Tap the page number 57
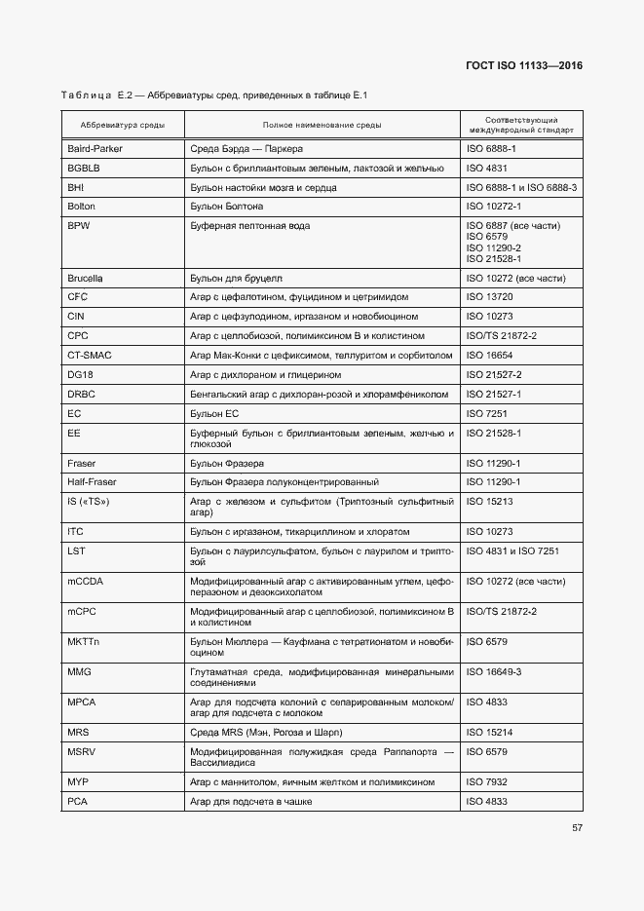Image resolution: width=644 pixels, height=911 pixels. click(x=578, y=828)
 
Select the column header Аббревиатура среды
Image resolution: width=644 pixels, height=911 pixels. click(x=123, y=125)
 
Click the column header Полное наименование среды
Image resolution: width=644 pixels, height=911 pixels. click(x=322, y=125)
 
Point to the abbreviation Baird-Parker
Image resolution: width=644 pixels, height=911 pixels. click(x=95, y=149)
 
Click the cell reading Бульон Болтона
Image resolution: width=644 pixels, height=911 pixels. click(x=227, y=207)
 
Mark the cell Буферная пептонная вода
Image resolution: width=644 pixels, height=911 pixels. click(x=250, y=226)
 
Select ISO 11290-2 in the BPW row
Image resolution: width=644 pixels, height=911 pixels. click(x=494, y=247)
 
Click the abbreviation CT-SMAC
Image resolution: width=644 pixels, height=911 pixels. click(x=90, y=356)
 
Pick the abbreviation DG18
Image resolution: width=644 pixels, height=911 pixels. click(x=80, y=375)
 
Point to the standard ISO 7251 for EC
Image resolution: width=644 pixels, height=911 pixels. click(x=491, y=413)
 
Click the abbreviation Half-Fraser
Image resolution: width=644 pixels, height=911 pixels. click(x=92, y=482)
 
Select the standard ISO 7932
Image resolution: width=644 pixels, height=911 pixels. click(x=491, y=781)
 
